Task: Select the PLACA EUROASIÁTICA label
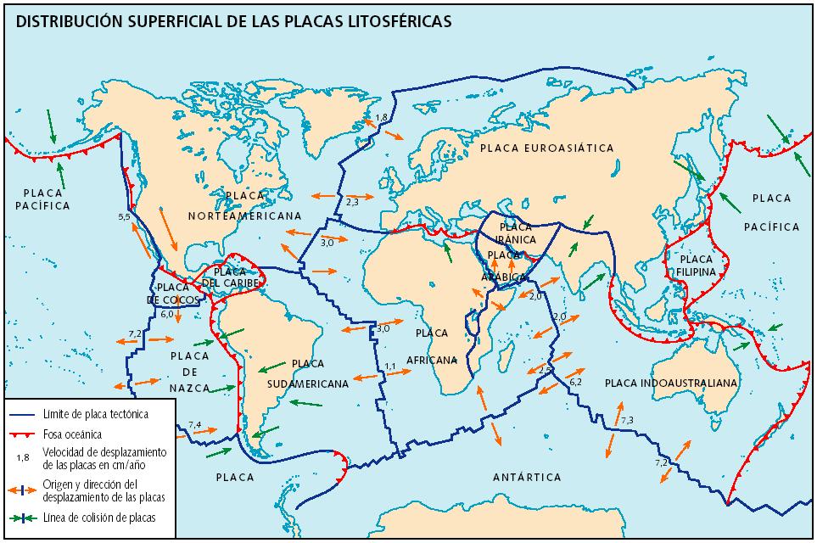pyautogui.click(x=546, y=148)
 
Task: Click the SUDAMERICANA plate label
pyautogui.click(x=307, y=383)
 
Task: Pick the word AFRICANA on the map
pyautogui.click(x=431, y=358)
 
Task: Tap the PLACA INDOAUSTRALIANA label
pyautogui.click(x=671, y=383)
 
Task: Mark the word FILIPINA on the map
pyautogui.click(x=697, y=271)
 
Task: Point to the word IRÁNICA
pyautogui.click(x=516, y=240)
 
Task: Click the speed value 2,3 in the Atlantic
pyautogui.click(x=354, y=201)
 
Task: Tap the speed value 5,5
pyautogui.click(x=124, y=218)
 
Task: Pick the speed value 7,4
pyautogui.click(x=194, y=424)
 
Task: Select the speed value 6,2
pyautogui.click(x=575, y=383)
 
